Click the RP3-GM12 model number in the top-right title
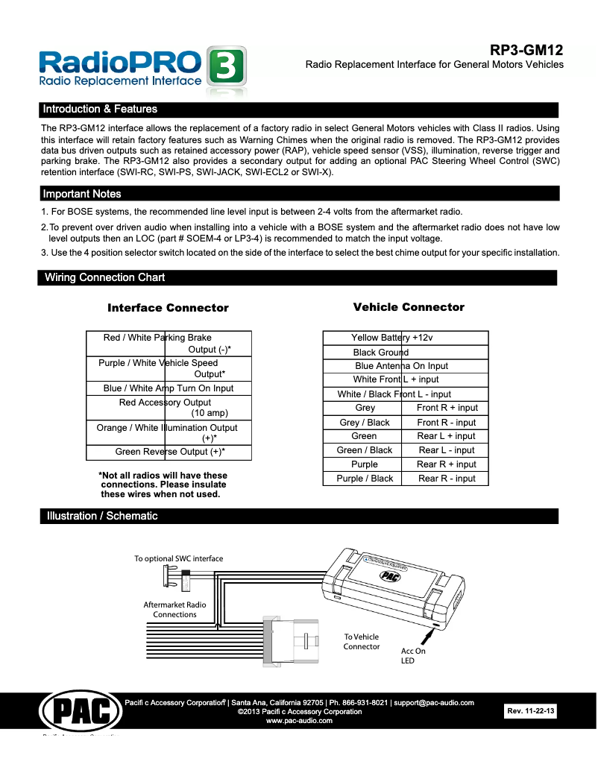point(526,51)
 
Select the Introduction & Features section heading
point(100,110)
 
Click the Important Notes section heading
point(82,194)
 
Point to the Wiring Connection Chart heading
point(104,278)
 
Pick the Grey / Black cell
point(365,422)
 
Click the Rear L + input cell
point(446,436)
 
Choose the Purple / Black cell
point(365,479)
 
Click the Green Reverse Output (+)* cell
point(170,452)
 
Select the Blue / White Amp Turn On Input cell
point(169,388)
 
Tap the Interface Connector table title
point(168,308)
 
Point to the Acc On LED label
point(412,655)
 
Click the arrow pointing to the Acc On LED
point(429,637)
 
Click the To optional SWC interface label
point(178,558)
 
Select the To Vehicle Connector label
point(361,642)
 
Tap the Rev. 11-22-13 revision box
point(531,712)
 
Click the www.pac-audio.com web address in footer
point(299,721)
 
